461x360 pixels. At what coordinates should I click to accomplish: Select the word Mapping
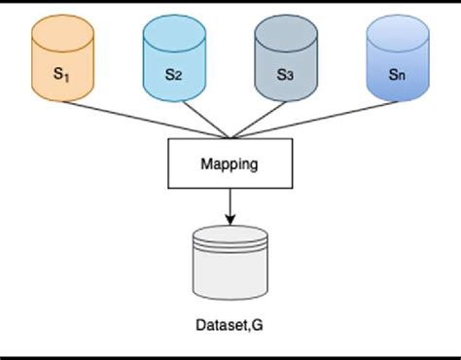(230, 164)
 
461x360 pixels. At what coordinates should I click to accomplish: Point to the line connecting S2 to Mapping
(202, 119)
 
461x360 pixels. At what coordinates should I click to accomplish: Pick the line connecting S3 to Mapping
(259, 119)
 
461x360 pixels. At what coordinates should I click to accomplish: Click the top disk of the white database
(230, 234)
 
